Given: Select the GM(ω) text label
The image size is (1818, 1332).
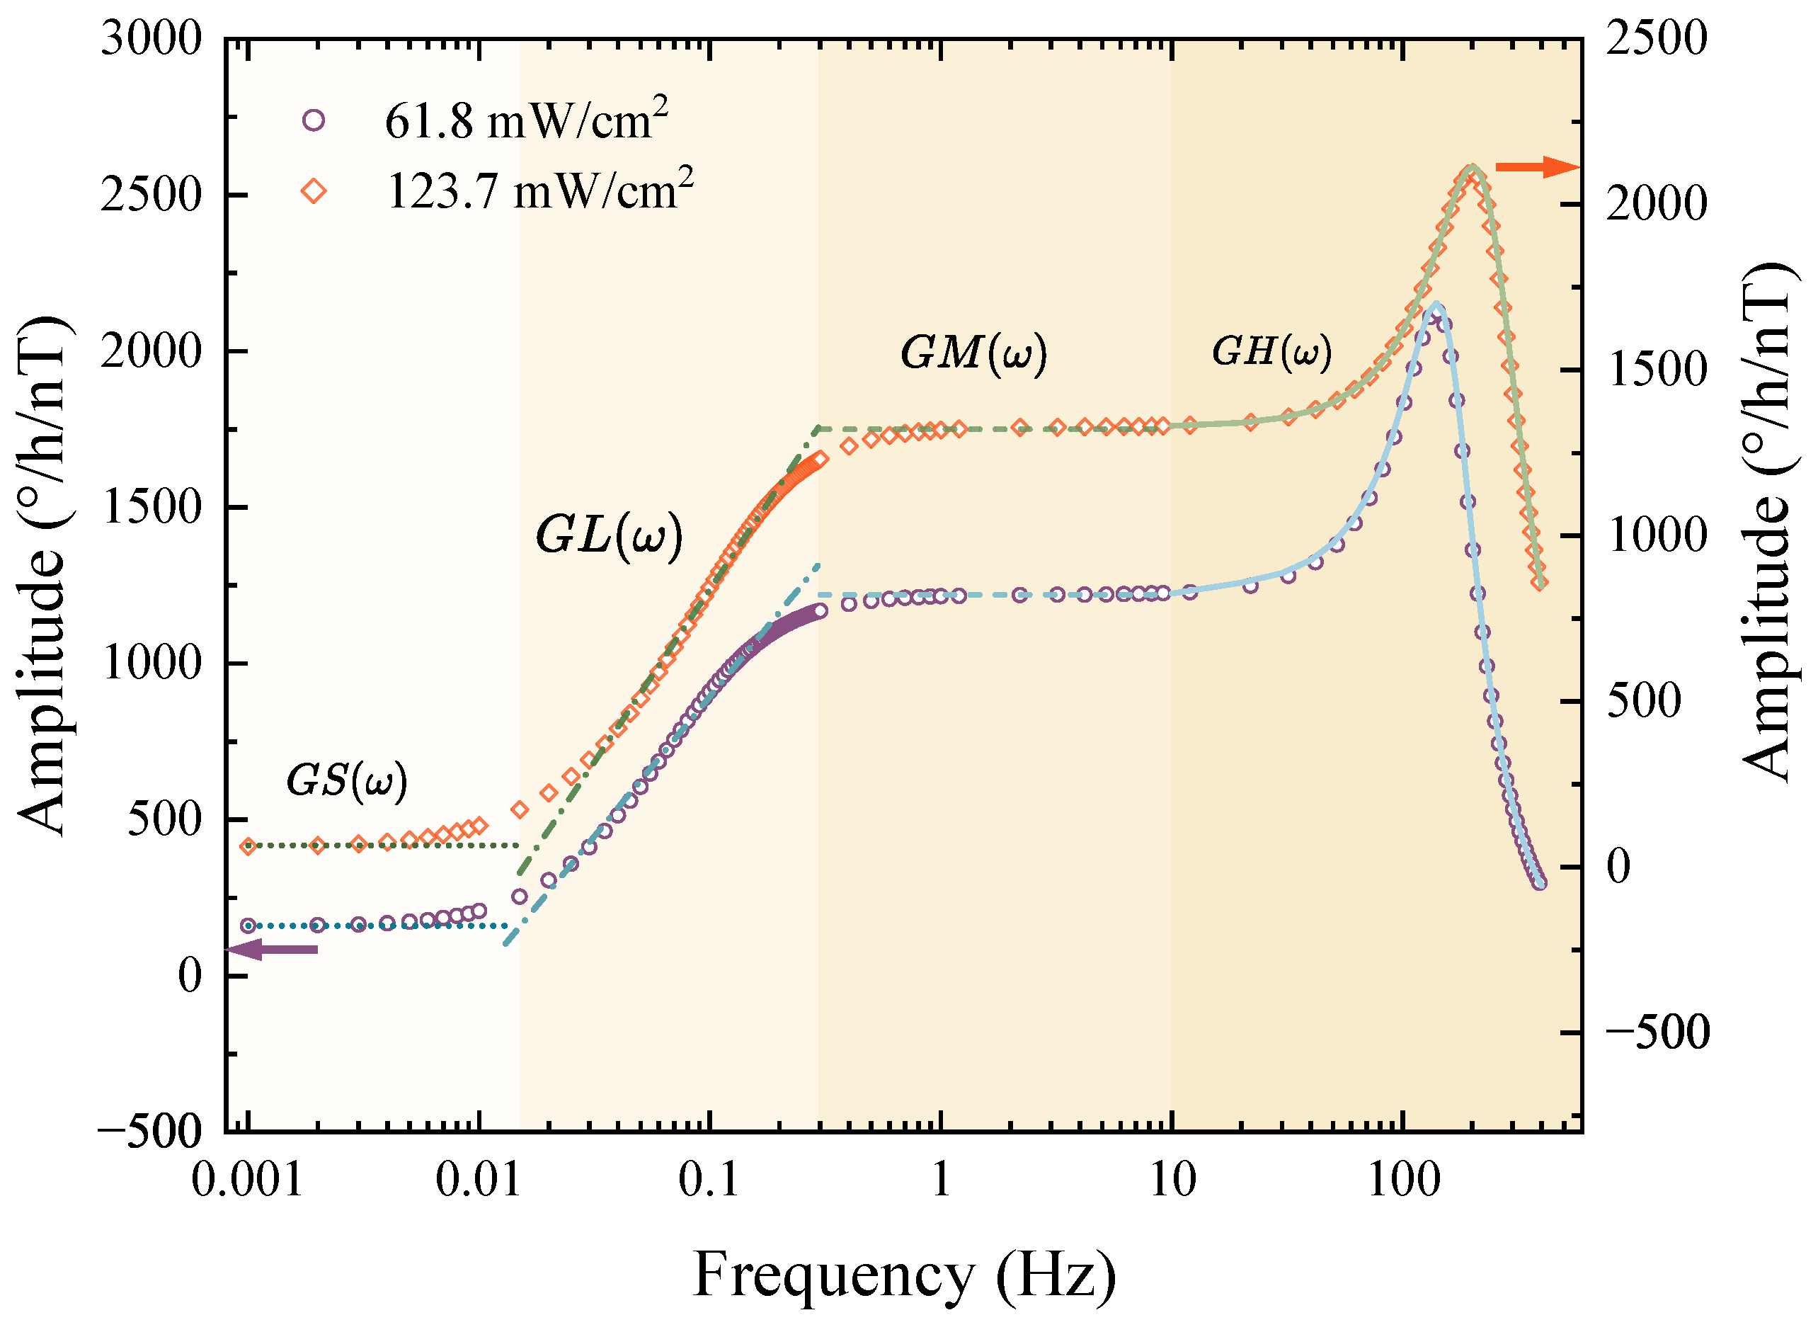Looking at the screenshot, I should point(973,353).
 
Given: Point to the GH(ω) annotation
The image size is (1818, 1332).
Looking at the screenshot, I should point(1271,351).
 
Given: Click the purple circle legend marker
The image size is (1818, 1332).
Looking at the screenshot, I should point(314,121).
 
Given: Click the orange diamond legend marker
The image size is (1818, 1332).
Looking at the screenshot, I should point(314,191).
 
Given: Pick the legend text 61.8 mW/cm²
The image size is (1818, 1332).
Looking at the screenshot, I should point(526,121).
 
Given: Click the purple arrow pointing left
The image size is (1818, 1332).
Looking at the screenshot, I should point(273,949).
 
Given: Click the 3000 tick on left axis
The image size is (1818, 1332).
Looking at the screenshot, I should point(151,39).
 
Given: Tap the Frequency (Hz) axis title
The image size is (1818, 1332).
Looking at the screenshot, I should point(904,1274).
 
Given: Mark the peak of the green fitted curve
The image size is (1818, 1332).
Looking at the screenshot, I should point(1473,168).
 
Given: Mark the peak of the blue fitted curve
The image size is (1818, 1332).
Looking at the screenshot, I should point(1436,304).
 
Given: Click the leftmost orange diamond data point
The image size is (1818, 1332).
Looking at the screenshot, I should point(248,846).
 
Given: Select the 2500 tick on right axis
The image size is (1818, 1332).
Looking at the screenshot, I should point(1657,39).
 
